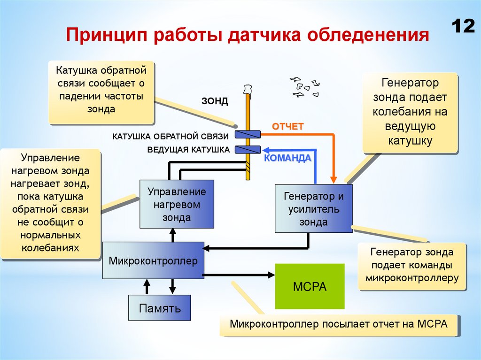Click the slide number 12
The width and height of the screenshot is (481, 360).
(463, 26)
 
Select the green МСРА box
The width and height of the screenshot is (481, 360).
(310, 286)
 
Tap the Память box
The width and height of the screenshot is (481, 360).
(160, 308)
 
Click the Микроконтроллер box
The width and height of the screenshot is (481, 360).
(153, 261)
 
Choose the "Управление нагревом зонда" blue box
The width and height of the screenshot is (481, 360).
(177, 205)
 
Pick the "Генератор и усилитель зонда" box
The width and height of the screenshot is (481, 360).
(313, 208)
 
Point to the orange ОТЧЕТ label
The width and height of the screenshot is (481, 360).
(288, 126)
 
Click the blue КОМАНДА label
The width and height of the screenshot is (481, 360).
(287, 158)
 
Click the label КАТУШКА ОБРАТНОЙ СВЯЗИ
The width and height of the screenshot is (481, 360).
(171, 136)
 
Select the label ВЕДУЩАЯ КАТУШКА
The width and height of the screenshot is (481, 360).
(188, 150)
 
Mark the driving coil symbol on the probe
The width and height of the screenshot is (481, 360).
(248, 150)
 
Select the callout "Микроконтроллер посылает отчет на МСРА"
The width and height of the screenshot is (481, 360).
(339, 324)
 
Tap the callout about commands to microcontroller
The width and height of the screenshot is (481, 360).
(411, 265)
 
